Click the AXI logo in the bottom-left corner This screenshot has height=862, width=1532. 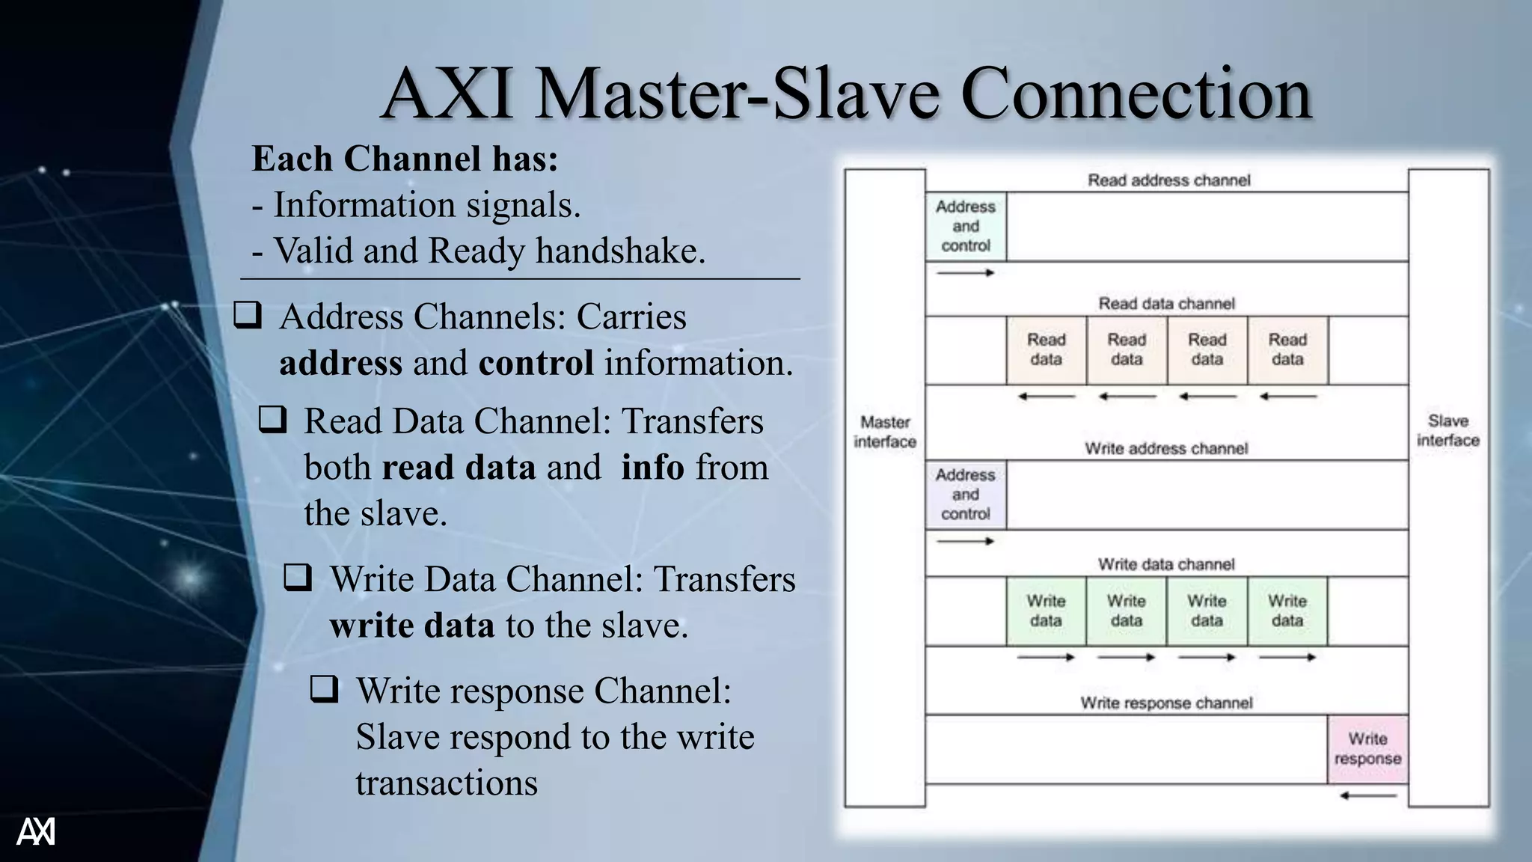(x=36, y=831)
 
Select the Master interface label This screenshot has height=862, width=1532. (x=885, y=432)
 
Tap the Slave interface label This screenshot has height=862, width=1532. (x=1448, y=430)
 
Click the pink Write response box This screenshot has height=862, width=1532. (x=1367, y=749)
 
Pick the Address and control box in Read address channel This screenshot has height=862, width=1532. (x=966, y=226)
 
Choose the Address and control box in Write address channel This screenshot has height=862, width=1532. (x=966, y=495)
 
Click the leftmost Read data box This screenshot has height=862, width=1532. (x=1046, y=350)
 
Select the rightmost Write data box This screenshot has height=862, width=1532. (x=1287, y=611)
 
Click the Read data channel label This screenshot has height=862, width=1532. (x=1166, y=304)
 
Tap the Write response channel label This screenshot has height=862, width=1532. (x=1166, y=703)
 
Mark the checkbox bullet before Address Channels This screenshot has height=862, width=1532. (x=248, y=315)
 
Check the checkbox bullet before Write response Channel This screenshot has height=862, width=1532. (x=324, y=688)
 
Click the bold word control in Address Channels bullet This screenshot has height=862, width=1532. (x=536, y=363)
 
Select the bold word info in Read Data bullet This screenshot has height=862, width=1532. (x=652, y=468)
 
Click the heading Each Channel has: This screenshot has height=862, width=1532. (x=405, y=159)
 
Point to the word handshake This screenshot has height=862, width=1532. (x=620, y=251)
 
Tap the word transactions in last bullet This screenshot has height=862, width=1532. (x=447, y=783)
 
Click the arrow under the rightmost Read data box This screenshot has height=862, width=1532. (x=1287, y=397)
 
